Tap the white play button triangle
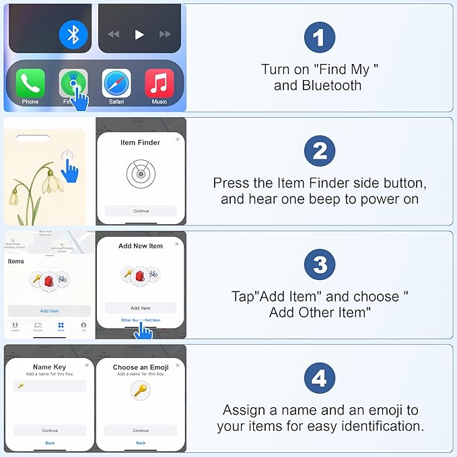pyautogui.click(x=139, y=34)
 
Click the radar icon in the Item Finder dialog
pyautogui.click(x=140, y=174)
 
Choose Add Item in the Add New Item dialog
pyautogui.click(x=140, y=308)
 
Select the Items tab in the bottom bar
pyautogui.click(x=61, y=326)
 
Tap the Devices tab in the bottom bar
pyautogui.click(x=38, y=326)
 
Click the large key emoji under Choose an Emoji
pyautogui.click(x=140, y=390)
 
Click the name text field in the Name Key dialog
pyautogui.click(x=50, y=386)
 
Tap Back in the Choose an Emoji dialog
pyautogui.click(x=140, y=443)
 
